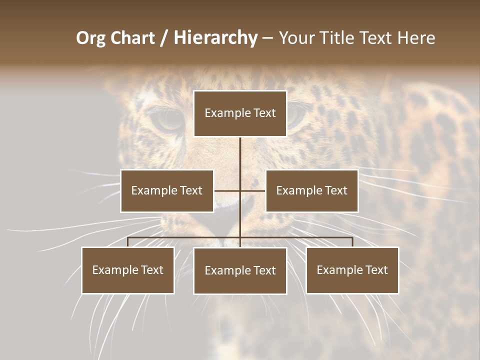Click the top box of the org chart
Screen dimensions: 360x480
[240, 113]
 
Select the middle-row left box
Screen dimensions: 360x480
[167, 190]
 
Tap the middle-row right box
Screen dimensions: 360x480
[311, 190]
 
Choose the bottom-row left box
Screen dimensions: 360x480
[128, 270]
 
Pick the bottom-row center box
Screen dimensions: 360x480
[240, 270]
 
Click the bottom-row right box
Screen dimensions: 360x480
[352, 270]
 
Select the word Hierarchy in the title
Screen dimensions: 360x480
[215, 38]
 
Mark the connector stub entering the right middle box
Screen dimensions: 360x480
[253, 190]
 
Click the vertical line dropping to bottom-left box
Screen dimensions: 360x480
[128, 242]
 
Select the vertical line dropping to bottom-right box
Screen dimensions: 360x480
[352, 242]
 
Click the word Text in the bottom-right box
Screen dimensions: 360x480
[376, 270]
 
